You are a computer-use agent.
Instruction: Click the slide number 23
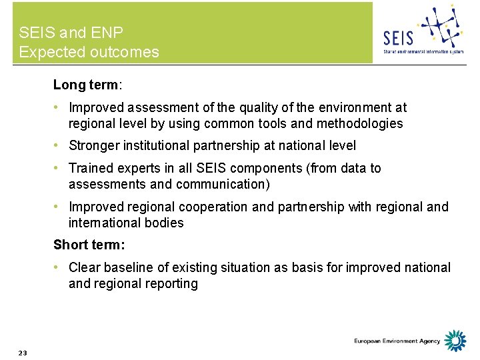[23, 353]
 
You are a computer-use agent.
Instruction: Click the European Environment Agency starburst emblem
[456, 341]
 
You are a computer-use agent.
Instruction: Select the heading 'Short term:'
[89, 245]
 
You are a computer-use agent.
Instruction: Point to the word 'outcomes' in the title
[126, 52]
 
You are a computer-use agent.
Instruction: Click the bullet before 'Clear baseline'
[59, 267]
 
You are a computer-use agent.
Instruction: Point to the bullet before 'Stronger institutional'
[59, 145]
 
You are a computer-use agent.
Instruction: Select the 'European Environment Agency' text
[397, 341]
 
